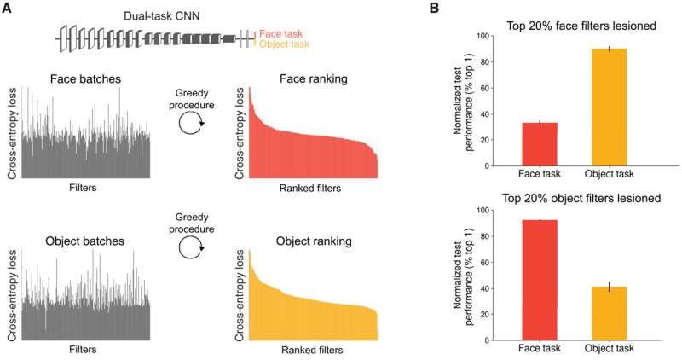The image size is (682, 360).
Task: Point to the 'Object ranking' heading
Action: (x=311, y=241)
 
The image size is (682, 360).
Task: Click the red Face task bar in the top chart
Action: (x=540, y=144)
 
